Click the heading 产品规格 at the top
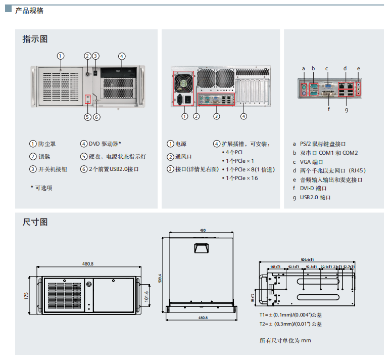tap(29, 11)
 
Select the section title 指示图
tap(35, 39)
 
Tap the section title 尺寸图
tap(35, 222)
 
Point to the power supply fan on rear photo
tap(184, 81)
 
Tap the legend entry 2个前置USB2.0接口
tap(113, 169)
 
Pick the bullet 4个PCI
tap(234, 152)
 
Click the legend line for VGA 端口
tap(311, 162)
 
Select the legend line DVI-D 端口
tap(313, 188)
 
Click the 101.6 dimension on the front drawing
tap(146, 295)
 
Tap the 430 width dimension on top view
tap(203, 231)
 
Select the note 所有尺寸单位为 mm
tap(285, 340)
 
